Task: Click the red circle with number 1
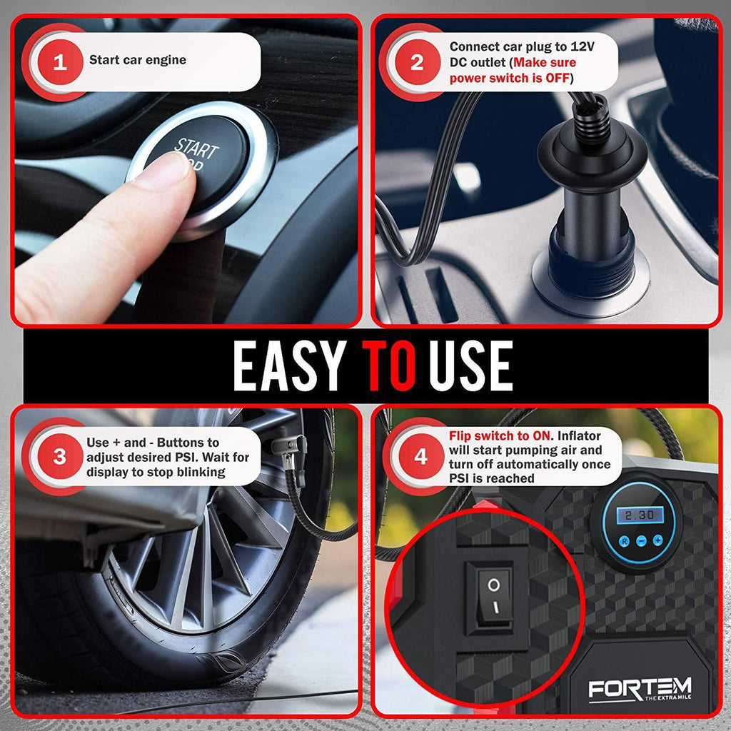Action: click(60, 61)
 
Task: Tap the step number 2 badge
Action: click(417, 61)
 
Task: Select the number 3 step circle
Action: click(60, 457)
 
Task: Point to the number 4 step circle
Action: click(420, 457)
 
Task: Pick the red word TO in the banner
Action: click(388, 365)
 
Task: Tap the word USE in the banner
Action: click(471, 365)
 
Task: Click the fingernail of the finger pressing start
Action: click(172, 171)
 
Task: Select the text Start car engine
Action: click(137, 61)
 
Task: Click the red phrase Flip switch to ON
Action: click(500, 435)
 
